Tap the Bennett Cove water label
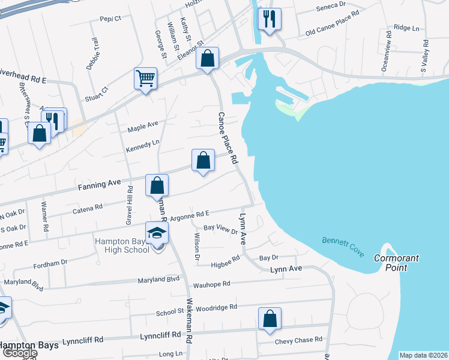(x=343, y=247)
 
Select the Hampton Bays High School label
(x=122, y=245)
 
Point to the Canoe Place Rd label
(x=228, y=138)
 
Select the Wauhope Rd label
(x=211, y=284)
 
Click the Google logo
(x=19, y=353)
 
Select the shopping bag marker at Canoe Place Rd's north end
(x=207, y=59)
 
